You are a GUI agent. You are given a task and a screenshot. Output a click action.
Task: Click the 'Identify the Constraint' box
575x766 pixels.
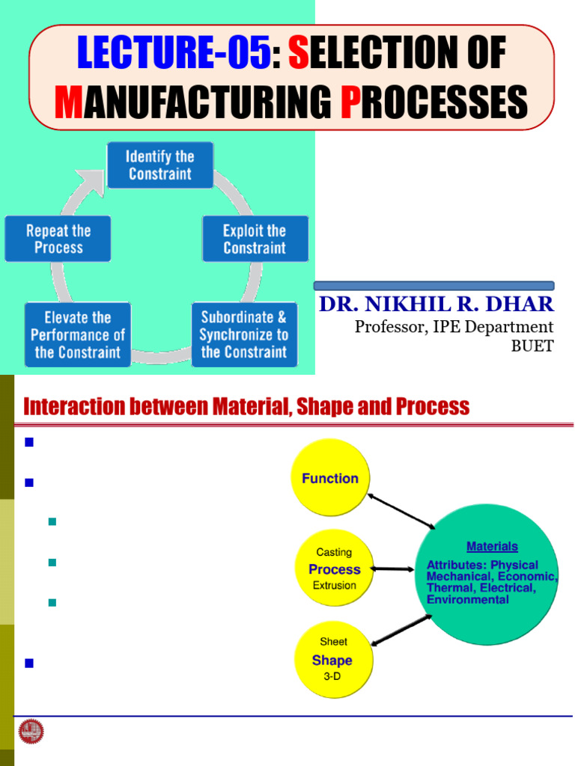(x=159, y=165)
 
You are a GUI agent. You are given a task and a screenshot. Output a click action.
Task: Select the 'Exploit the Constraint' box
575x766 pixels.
(x=255, y=239)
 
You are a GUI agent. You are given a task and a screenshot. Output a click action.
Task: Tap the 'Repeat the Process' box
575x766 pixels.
(x=58, y=239)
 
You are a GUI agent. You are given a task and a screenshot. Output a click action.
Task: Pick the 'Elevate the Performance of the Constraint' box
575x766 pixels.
(x=77, y=334)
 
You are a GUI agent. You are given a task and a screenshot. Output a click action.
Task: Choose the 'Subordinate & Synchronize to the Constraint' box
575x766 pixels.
(x=244, y=334)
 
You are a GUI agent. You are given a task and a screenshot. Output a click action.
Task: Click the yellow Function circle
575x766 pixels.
(x=329, y=478)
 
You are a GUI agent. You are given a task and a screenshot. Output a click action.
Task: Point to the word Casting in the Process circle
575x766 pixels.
(x=334, y=552)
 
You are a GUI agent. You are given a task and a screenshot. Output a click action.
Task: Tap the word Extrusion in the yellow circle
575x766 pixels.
(x=334, y=586)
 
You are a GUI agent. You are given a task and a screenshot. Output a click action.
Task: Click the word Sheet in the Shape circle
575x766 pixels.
(x=333, y=642)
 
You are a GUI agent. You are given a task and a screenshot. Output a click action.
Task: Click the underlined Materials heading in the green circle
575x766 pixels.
(x=492, y=547)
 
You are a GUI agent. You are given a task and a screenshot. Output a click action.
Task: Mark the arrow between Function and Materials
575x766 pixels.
(x=401, y=511)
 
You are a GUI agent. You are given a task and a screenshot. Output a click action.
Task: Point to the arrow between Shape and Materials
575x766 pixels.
(x=401, y=630)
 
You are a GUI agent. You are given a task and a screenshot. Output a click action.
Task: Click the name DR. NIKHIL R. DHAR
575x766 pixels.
(x=436, y=304)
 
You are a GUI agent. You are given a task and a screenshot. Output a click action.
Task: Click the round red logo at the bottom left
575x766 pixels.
(x=31, y=732)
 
